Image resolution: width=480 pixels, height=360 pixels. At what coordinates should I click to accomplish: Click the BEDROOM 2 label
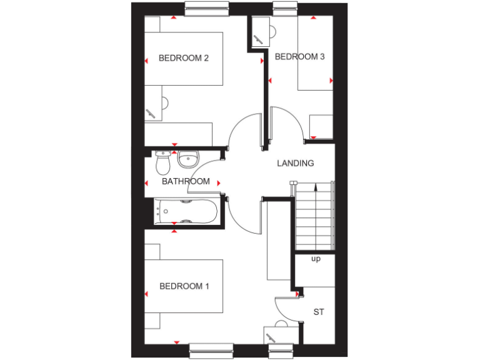tap(183, 58)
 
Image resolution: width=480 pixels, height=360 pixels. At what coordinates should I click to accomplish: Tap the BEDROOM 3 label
tap(300, 57)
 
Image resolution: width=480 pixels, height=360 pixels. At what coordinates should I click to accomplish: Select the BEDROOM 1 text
tap(184, 286)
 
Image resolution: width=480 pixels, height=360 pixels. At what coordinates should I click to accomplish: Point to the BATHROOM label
tap(186, 182)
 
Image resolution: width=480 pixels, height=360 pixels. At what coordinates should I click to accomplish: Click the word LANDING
tap(296, 164)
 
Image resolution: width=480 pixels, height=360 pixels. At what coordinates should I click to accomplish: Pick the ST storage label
tap(319, 312)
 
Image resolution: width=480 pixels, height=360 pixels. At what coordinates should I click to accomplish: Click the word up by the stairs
tap(316, 259)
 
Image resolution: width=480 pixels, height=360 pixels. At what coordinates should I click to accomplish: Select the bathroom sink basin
tap(188, 160)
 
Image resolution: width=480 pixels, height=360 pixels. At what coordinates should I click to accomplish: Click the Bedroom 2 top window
tap(207, 8)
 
